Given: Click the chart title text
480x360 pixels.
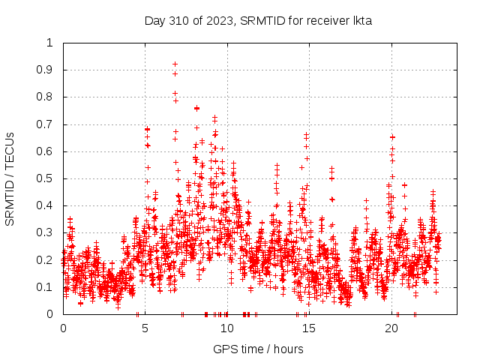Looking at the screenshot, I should click(x=258, y=20).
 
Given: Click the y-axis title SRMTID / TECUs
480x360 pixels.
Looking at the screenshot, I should click(x=10, y=178).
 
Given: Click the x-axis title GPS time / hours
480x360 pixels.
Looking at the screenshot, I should click(x=258, y=349).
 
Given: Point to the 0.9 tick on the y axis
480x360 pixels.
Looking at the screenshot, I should click(x=49, y=70).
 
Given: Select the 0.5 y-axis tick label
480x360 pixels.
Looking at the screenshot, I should click(x=49, y=178).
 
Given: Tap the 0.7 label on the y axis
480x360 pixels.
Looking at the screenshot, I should click(x=49, y=124).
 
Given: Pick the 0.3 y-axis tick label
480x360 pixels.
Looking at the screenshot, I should click(x=49, y=232).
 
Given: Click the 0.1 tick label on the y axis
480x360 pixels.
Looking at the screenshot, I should click(x=49, y=287).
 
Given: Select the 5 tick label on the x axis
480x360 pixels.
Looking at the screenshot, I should click(x=145, y=328).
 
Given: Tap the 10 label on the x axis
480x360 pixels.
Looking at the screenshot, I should click(x=227, y=328).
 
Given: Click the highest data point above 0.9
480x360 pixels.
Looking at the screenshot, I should click(x=175, y=64).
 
